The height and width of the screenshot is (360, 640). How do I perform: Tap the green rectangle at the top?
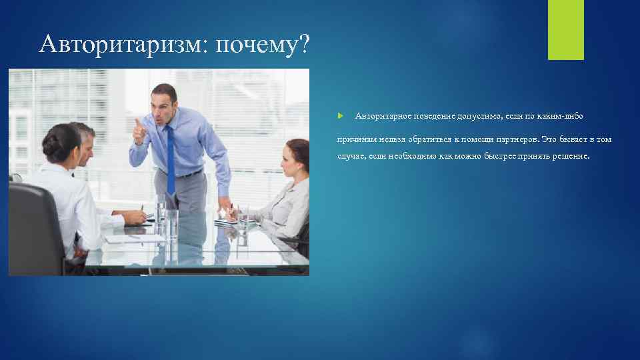565,29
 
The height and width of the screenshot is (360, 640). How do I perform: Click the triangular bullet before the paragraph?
340,116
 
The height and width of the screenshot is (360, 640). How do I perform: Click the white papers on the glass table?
133,236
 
